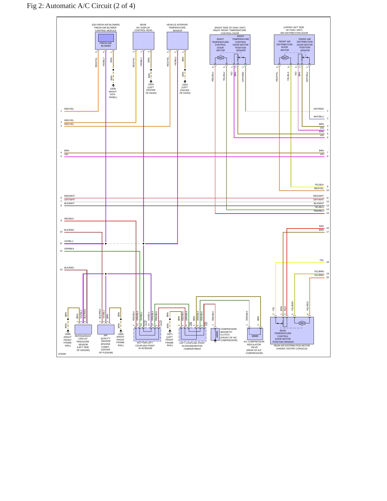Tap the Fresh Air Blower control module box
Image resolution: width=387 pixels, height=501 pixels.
click(106, 41)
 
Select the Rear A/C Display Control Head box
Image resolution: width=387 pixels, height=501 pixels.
click(144, 41)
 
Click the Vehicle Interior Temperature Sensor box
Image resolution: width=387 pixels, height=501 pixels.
click(178, 41)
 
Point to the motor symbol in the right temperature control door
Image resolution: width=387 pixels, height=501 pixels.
click(221, 58)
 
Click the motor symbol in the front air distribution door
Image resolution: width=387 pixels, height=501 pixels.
click(285, 58)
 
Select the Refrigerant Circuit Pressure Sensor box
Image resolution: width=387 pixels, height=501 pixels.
click(83, 329)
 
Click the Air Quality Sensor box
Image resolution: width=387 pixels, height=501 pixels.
click(106, 329)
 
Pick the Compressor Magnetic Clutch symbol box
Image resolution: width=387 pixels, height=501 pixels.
click(215, 334)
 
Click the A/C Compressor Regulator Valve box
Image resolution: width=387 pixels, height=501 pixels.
click(255, 334)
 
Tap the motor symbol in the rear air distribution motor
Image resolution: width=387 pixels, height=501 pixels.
click(302, 323)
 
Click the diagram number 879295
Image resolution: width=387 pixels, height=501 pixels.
click(62, 354)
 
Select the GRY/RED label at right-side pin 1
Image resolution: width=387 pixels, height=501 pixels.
click(319, 109)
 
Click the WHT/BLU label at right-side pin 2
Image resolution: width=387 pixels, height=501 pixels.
click(319, 117)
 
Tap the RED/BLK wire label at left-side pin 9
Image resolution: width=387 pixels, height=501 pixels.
click(69, 219)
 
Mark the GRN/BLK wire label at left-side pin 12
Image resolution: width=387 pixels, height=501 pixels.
click(69, 249)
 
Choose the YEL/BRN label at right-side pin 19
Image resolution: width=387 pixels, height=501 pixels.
click(319, 271)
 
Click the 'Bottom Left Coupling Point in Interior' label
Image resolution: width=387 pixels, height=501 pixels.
click(145, 346)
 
